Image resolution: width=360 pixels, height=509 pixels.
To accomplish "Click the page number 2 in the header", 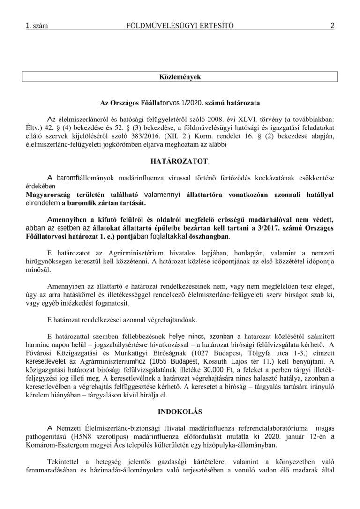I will (332, 26).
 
